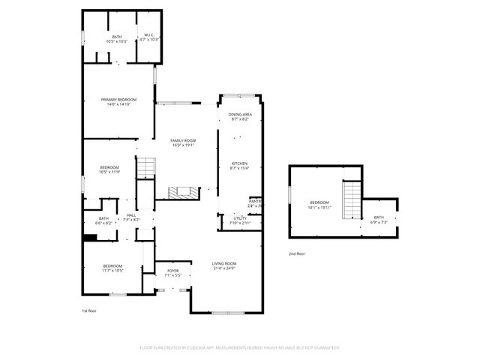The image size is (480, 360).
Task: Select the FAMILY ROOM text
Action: pyautogui.click(x=182, y=140)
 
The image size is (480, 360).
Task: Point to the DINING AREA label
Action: pyautogui.click(x=240, y=114)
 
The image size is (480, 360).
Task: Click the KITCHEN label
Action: pyautogui.click(x=239, y=163)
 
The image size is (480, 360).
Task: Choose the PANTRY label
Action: pyautogui.click(x=256, y=201)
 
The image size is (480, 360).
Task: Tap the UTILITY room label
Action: pyautogui.click(x=240, y=218)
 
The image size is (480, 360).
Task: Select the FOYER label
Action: pyautogui.click(x=172, y=271)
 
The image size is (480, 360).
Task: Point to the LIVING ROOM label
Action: pyautogui.click(x=224, y=263)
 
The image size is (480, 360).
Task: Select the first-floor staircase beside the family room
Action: pyautogui.click(x=145, y=168)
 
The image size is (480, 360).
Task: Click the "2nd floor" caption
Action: pyautogui.click(x=297, y=253)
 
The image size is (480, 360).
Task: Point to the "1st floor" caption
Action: pyautogui.click(x=89, y=310)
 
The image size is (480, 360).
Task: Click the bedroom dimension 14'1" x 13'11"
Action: pyautogui.click(x=319, y=208)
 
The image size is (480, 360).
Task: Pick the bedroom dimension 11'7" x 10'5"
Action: pyautogui.click(x=112, y=271)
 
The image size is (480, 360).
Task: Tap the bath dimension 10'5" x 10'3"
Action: pyautogui.click(x=116, y=41)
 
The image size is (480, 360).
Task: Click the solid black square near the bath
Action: pyautogui.click(x=91, y=238)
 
